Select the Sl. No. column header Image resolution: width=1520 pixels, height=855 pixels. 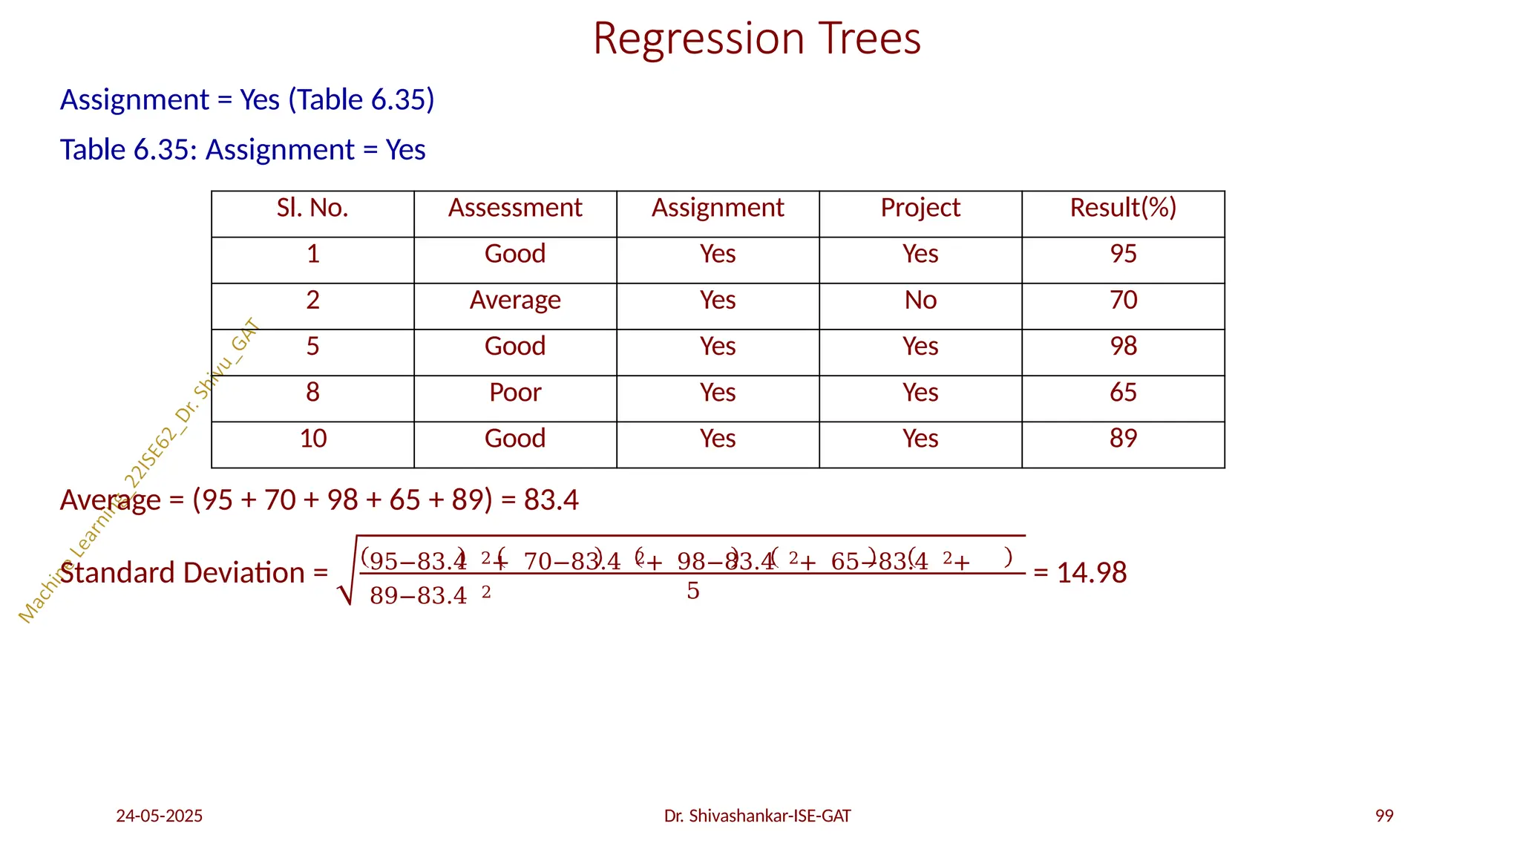312,209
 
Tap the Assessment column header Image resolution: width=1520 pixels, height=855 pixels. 515,209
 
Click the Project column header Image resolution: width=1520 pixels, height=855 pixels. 920,209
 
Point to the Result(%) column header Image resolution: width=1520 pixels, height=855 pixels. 1123,209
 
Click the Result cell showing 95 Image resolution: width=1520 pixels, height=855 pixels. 1123,255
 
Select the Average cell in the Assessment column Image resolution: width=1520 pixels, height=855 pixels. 515,301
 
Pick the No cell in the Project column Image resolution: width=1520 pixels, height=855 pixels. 920,301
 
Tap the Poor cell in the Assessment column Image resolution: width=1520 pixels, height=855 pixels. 515,393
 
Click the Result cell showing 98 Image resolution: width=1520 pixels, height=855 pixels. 1123,347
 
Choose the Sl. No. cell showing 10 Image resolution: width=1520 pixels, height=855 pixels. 312,439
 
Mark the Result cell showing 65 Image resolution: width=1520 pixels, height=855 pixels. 1123,393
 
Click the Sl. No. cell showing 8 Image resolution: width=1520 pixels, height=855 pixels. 312,393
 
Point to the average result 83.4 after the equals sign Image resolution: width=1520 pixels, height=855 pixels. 551,500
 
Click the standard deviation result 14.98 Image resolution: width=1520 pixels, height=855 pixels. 1091,573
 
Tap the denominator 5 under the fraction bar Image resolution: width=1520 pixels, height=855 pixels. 692,592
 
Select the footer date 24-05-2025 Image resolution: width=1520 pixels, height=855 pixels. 159,816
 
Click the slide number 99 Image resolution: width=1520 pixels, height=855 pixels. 1384,816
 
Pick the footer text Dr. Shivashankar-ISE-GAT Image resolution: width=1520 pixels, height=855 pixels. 757,816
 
